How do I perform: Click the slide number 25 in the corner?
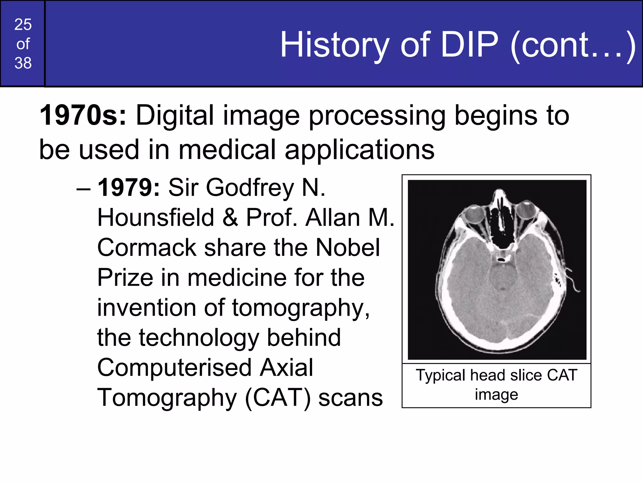(23, 24)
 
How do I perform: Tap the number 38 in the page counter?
(23, 63)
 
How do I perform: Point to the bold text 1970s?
(83, 115)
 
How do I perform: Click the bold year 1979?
(129, 188)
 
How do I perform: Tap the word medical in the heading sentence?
(227, 150)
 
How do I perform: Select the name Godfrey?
(250, 188)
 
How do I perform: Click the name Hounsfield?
(155, 217)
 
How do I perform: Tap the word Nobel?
(348, 248)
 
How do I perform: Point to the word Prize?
(125, 278)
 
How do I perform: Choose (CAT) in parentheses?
(278, 398)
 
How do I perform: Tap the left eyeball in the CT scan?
(475, 215)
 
